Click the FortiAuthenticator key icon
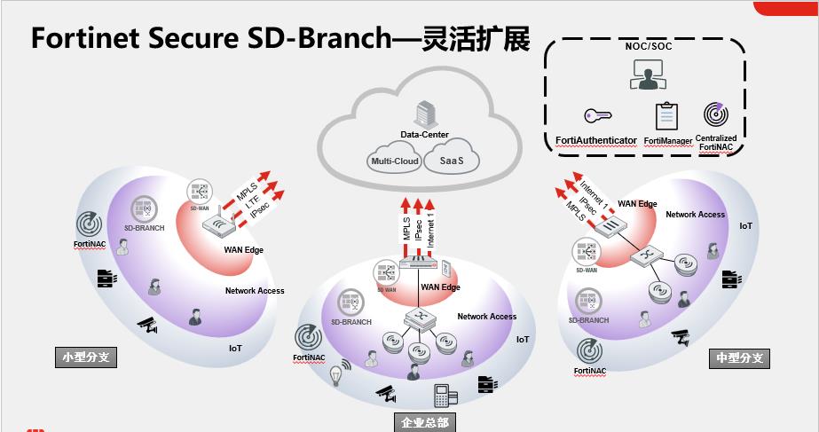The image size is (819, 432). [x=595, y=116]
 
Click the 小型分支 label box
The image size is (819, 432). [x=86, y=357]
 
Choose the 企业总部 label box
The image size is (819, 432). [x=423, y=421]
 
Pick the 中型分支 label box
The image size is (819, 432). [x=740, y=358]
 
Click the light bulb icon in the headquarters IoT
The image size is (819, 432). [x=337, y=376]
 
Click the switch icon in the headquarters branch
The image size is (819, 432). [x=416, y=317]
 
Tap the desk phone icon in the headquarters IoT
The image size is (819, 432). [x=441, y=394]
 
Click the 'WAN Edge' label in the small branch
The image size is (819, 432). [x=243, y=250]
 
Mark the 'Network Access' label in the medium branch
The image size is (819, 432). [x=695, y=215]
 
